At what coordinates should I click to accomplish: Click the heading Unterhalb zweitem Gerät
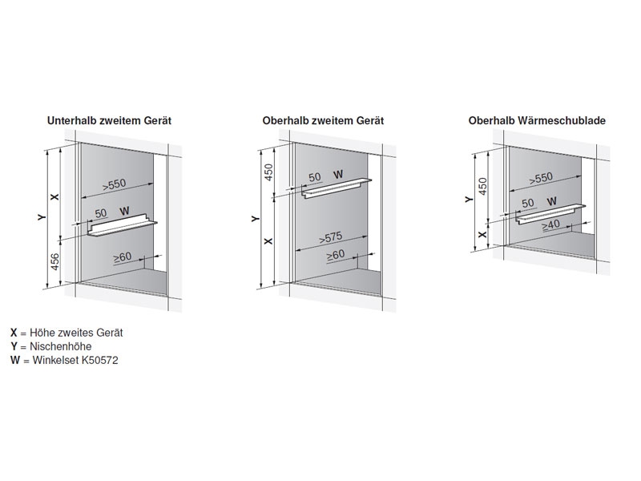(110, 120)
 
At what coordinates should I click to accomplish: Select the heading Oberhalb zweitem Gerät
(323, 120)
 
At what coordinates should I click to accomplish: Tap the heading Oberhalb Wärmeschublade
(537, 120)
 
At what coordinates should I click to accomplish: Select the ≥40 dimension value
(550, 226)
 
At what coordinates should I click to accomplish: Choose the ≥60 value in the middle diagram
(336, 256)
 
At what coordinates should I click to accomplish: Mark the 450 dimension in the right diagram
(482, 185)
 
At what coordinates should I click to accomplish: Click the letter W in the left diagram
(124, 212)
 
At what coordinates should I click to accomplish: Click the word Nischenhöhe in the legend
(49, 346)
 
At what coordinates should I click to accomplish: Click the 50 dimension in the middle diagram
(314, 176)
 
